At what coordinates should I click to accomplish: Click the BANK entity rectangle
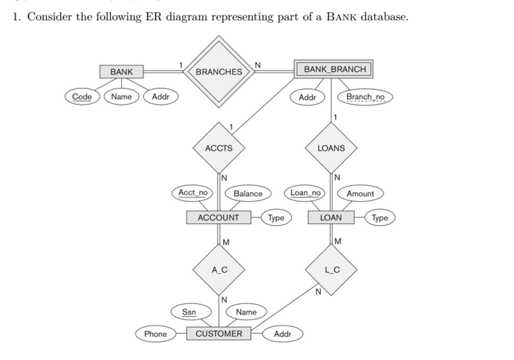(x=121, y=71)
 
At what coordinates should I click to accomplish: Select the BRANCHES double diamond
(x=219, y=71)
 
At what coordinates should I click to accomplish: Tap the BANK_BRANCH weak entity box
(x=335, y=69)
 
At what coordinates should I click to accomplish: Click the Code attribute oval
(x=82, y=97)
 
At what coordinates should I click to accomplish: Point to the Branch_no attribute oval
(x=365, y=98)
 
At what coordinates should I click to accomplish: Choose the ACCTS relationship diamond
(x=219, y=148)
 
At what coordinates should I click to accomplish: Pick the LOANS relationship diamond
(x=331, y=148)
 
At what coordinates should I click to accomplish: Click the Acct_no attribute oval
(x=193, y=193)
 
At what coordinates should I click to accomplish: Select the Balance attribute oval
(x=248, y=193)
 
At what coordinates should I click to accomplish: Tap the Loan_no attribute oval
(x=306, y=193)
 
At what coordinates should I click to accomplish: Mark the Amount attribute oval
(x=360, y=193)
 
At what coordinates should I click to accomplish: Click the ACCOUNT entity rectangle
(x=219, y=218)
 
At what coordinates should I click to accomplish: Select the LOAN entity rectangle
(x=331, y=218)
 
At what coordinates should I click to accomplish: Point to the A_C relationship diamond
(x=219, y=269)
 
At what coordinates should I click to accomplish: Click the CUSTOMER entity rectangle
(x=219, y=334)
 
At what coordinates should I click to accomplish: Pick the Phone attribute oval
(x=156, y=334)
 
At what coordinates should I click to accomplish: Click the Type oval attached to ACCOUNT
(x=276, y=218)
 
